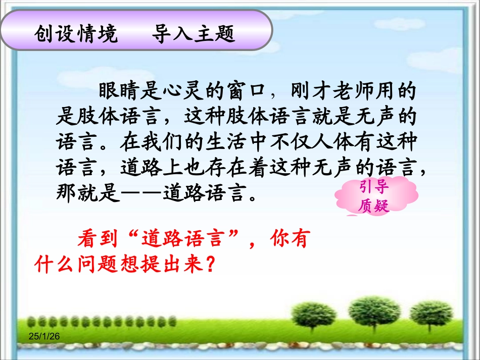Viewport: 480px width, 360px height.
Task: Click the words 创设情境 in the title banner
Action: click(76, 34)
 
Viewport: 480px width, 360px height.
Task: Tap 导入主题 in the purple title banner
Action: click(194, 34)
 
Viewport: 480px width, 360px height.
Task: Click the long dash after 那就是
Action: click(141, 193)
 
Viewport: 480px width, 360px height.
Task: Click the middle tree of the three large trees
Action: click(367, 308)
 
